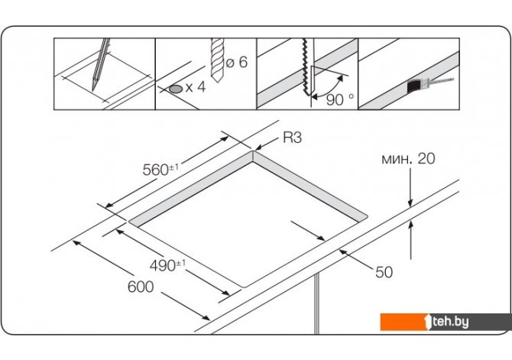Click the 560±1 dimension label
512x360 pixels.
tap(160, 169)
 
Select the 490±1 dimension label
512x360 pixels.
tap(167, 264)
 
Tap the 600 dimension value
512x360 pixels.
tap(141, 287)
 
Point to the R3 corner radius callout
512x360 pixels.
tap(292, 138)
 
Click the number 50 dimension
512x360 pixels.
tap(384, 272)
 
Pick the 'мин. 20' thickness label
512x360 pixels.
tap(408, 158)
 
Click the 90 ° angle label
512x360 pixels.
tap(340, 99)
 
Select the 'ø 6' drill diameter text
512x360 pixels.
tap(237, 62)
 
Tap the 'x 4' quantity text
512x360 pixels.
tap(196, 87)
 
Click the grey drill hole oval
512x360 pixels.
tap(176, 89)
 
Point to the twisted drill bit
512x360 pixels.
tap(218, 60)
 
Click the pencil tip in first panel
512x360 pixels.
tap(93, 88)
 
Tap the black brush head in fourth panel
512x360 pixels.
tap(415, 86)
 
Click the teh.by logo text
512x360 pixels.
tap(450, 322)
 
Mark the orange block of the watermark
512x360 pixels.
tap(403, 322)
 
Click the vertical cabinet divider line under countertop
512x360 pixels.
tap(316, 303)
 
